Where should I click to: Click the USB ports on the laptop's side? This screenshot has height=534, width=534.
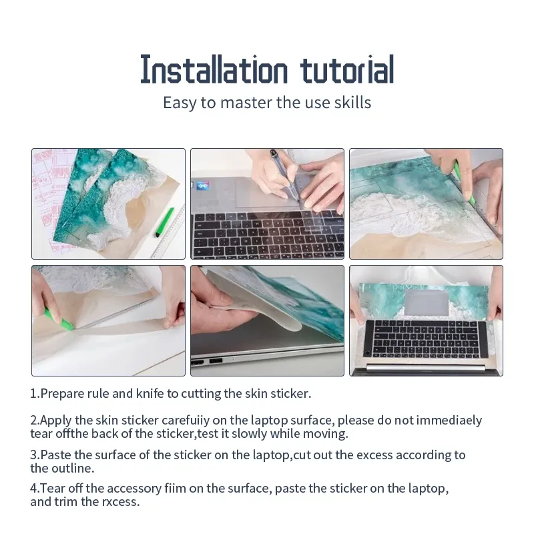[x=206, y=361]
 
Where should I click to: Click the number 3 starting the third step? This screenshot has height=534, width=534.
[x=33, y=455]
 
